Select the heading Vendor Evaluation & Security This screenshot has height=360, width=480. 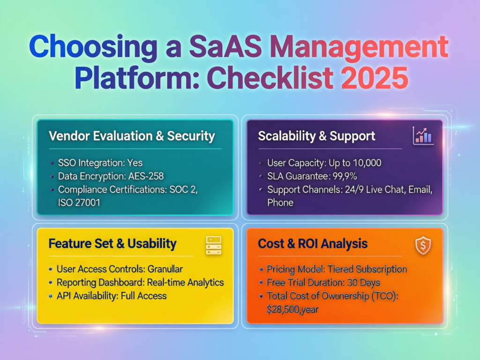point(132,136)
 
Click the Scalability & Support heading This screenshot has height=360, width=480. point(317,136)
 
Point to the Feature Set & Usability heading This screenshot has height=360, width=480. point(112,244)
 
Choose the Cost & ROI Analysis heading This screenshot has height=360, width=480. point(313,244)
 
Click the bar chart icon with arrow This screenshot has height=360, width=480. point(423,135)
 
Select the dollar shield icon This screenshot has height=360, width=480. point(423,246)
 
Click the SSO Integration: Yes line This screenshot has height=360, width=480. point(100,163)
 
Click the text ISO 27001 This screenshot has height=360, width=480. point(79,202)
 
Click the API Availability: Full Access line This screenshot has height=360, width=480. point(112,296)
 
